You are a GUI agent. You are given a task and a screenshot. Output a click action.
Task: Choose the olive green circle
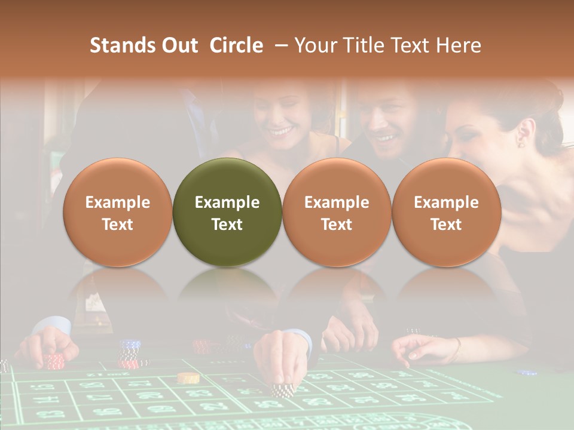click(227, 212)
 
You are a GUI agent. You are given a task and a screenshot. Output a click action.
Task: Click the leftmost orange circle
click(118, 212)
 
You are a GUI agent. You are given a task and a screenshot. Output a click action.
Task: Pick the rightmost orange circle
click(446, 212)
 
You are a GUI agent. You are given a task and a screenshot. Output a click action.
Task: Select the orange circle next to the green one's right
click(337, 212)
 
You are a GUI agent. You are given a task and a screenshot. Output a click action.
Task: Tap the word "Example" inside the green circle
click(227, 202)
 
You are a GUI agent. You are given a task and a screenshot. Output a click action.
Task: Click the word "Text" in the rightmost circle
click(446, 225)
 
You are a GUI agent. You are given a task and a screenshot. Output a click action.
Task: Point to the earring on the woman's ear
click(520, 143)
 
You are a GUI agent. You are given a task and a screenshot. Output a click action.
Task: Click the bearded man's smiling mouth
click(384, 139)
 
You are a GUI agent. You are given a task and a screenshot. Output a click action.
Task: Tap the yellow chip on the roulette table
click(188, 377)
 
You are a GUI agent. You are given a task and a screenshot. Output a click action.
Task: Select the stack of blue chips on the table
click(130, 345)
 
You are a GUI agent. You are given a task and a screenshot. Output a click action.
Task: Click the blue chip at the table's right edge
click(527, 372)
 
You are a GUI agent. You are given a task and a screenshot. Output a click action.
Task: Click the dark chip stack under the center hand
click(280, 390)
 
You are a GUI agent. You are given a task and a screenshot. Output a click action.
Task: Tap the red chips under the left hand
click(54, 361)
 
